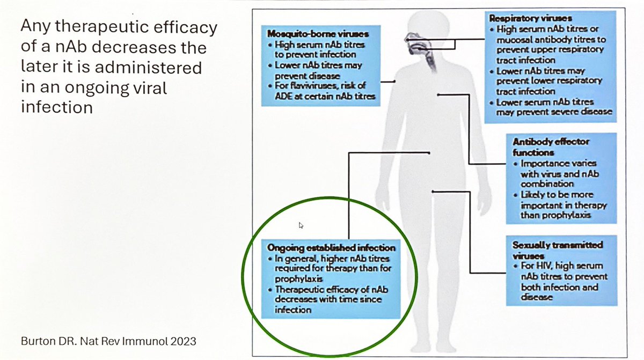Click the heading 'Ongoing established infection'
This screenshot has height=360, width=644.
tap(331, 248)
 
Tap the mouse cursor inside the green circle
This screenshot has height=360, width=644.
tap(301, 225)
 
